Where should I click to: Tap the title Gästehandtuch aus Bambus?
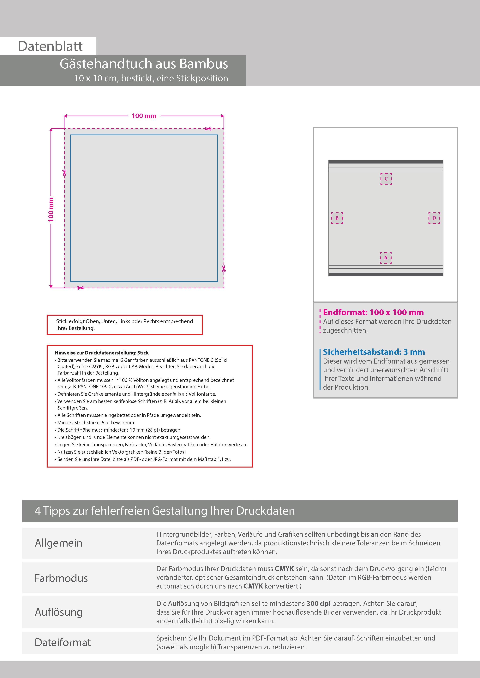click(144, 64)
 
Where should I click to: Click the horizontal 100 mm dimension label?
click(144, 116)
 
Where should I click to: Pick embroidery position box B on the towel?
click(337, 218)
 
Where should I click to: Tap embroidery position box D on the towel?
click(434, 218)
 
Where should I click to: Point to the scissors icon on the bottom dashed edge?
click(80, 288)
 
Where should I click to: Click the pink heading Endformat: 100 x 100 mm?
click(373, 312)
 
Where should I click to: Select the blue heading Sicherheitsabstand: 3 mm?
click(374, 352)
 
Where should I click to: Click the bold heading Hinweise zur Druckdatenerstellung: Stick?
click(102, 353)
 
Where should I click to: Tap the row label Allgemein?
click(59, 543)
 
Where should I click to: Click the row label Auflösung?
click(59, 612)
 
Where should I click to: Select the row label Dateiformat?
click(63, 642)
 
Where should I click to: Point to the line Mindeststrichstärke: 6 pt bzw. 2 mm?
click(96, 422)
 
